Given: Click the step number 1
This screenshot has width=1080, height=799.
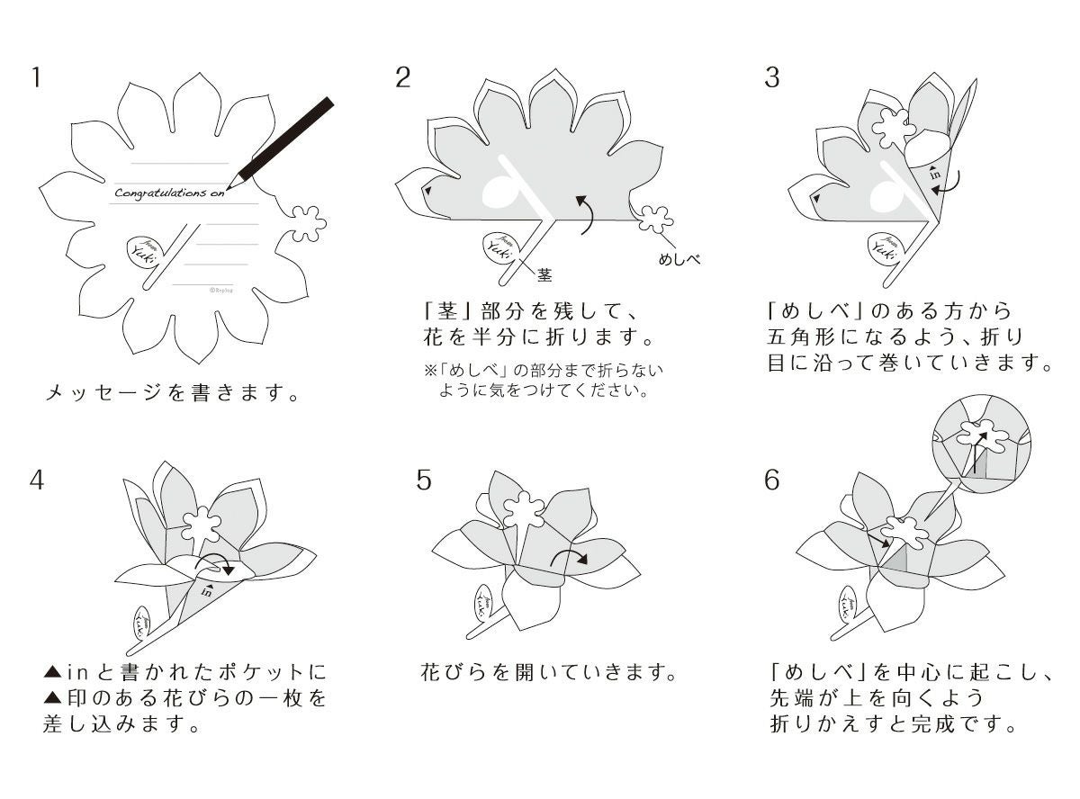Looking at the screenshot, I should (36, 77).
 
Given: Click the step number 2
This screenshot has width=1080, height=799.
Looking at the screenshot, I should (403, 77).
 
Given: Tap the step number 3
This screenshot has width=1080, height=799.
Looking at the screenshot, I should (772, 77).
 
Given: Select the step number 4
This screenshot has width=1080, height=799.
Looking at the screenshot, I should (36, 480).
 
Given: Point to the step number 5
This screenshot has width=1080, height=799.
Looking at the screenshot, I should (424, 480).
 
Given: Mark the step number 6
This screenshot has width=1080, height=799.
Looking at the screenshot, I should (772, 480).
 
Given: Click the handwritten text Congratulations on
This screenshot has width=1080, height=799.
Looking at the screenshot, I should (170, 192).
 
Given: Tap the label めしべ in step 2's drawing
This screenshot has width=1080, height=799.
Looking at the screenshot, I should (679, 259).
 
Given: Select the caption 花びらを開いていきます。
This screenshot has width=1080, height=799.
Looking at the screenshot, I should (548, 671).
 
